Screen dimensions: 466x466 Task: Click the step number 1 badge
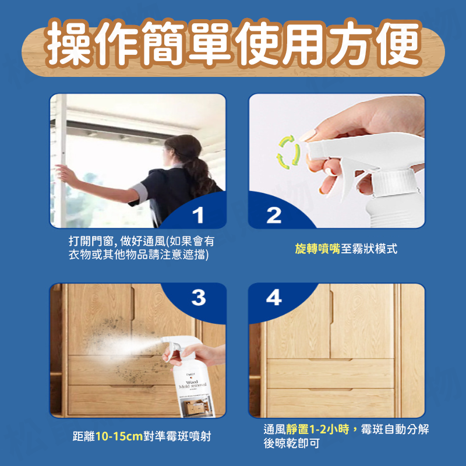tap(199, 216)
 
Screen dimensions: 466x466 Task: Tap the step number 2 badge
tap(274, 216)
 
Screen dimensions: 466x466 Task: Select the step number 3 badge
tap(199, 298)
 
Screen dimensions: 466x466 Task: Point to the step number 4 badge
tap(274, 298)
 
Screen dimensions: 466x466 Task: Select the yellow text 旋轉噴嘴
tap(317, 249)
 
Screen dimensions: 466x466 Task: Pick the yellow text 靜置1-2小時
tap(319, 429)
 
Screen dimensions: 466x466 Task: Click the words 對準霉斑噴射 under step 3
tap(178, 436)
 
